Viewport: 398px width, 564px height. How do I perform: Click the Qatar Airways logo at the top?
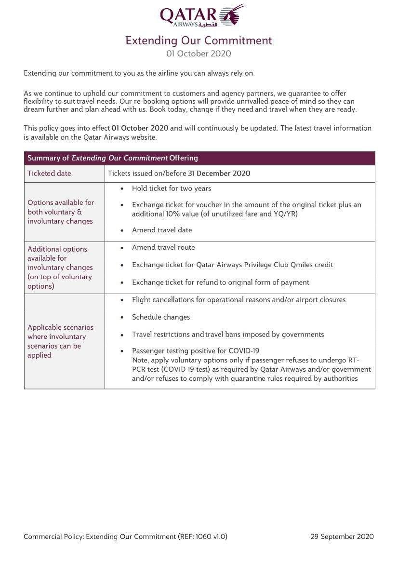click(201, 16)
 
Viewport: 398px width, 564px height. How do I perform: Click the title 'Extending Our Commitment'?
click(199, 40)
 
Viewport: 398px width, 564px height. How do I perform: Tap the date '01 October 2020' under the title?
click(199, 54)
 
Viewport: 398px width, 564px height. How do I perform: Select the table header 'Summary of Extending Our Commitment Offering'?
click(113, 158)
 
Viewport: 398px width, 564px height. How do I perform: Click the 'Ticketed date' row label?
click(49, 174)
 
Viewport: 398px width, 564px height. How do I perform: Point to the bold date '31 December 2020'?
click(219, 174)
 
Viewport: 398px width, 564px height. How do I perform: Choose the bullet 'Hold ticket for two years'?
click(172, 188)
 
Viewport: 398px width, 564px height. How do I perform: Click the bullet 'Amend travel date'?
click(162, 230)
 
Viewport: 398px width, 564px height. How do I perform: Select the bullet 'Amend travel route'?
click(163, 247)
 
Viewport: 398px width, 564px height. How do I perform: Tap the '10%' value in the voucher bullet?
click(171, 214)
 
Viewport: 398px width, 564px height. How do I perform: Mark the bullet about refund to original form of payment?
click(221, 282)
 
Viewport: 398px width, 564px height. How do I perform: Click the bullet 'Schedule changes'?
click(161, 317)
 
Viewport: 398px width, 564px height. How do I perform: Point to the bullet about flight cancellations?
click(239, 300)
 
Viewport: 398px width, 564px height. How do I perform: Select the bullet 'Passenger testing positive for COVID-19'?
click(196, 351)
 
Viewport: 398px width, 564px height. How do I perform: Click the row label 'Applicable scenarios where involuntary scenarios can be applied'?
click(60, 341)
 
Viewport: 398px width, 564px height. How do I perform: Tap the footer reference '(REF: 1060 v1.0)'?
click(202, 537)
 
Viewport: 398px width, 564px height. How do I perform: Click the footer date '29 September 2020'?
click(342, 537)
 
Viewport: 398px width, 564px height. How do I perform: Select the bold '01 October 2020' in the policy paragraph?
click(140, 128)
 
